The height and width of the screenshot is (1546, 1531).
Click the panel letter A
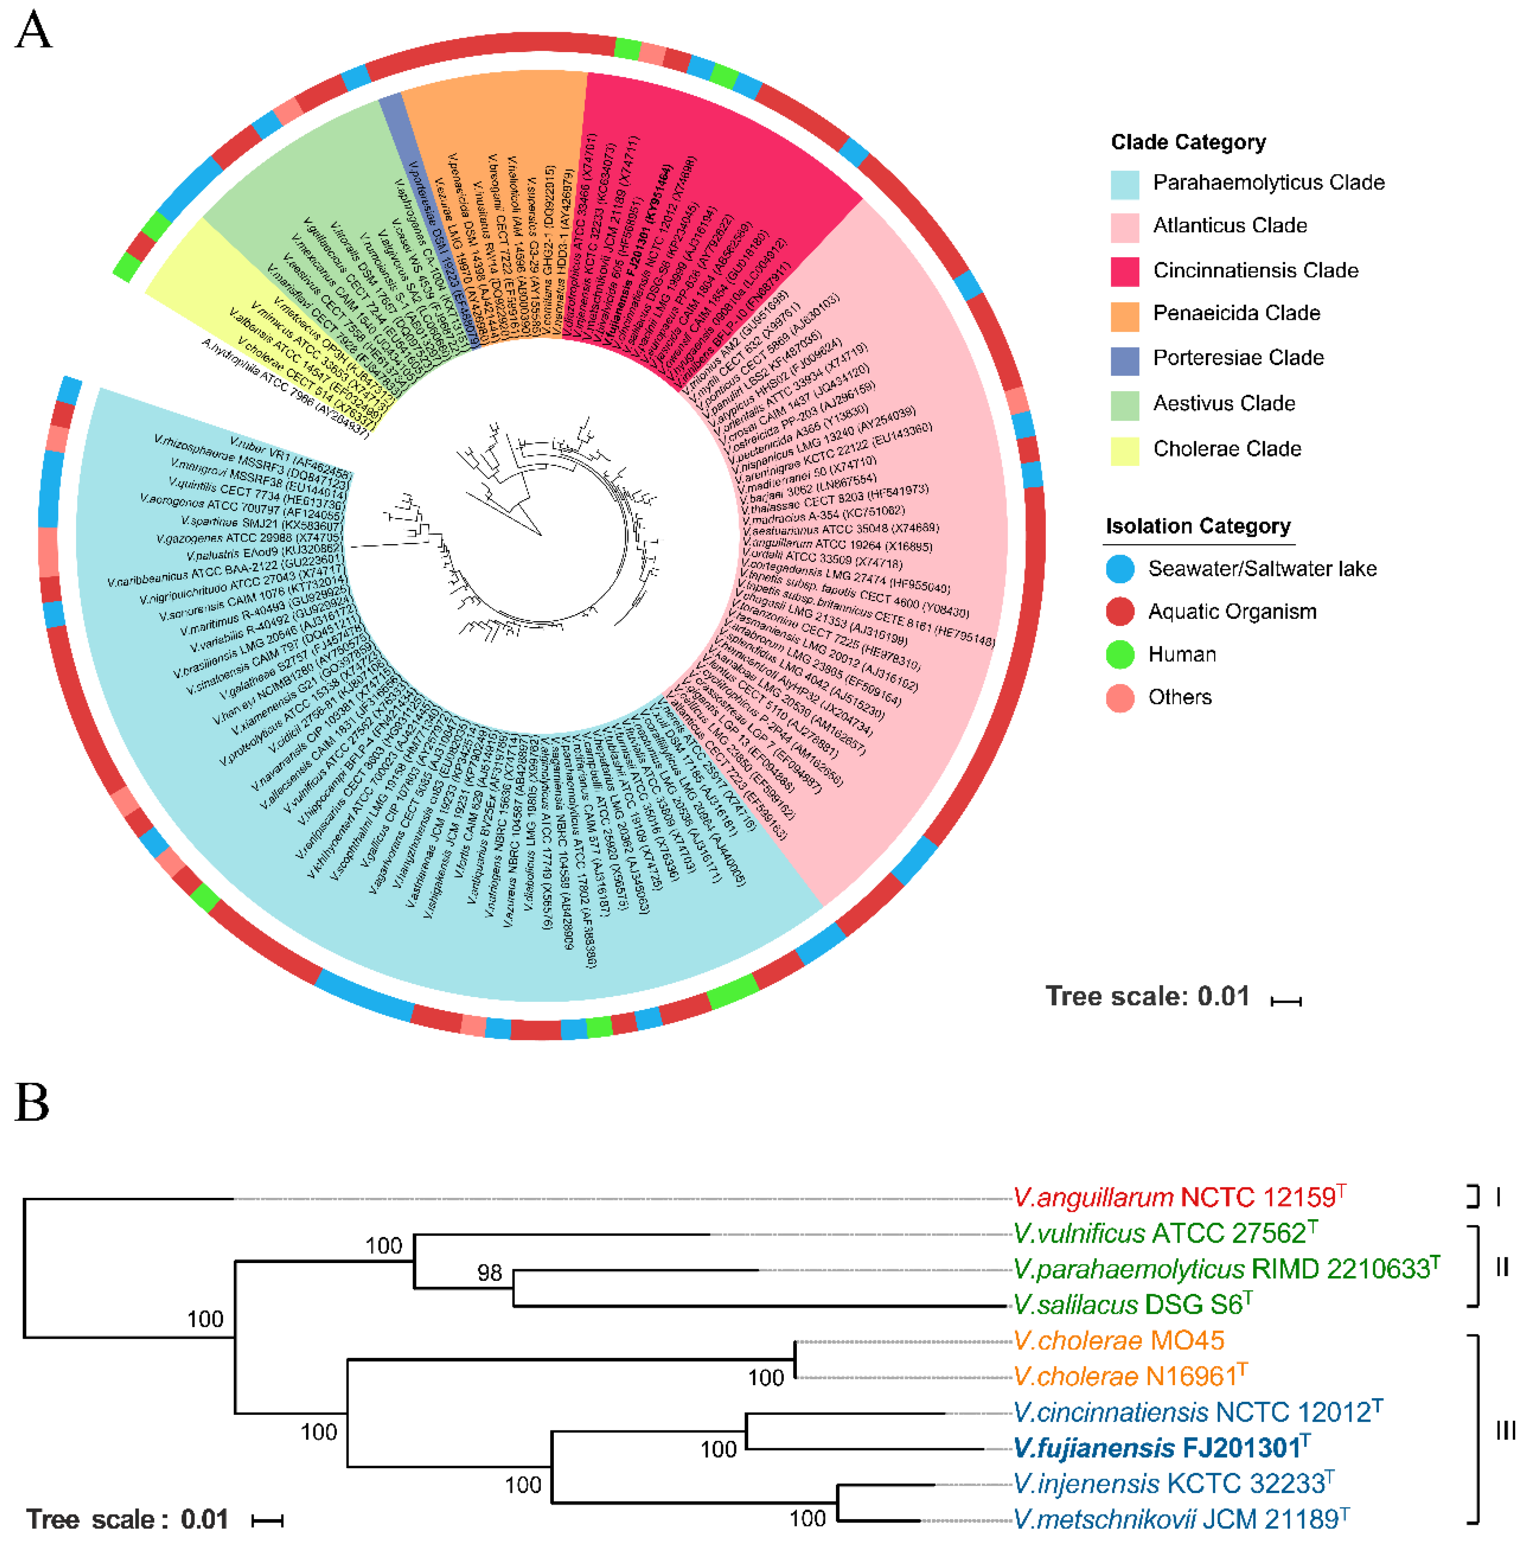[x=33, y=32]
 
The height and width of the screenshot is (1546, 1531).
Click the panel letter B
[x=32, y=1103]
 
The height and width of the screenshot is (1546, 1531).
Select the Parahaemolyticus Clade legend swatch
[x=1125, y=184]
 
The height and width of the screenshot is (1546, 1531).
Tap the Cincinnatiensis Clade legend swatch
[x=1125, y=271]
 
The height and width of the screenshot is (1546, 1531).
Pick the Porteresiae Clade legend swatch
[x=1125, y=360]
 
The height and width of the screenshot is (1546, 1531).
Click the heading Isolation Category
[x=1197, y=526]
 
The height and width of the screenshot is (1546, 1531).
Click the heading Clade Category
[x=1188, y=143]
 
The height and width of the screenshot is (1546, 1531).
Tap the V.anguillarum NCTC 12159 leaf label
[x=1178, y=1198]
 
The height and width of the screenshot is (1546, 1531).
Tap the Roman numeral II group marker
[x=1501, y=1267]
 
